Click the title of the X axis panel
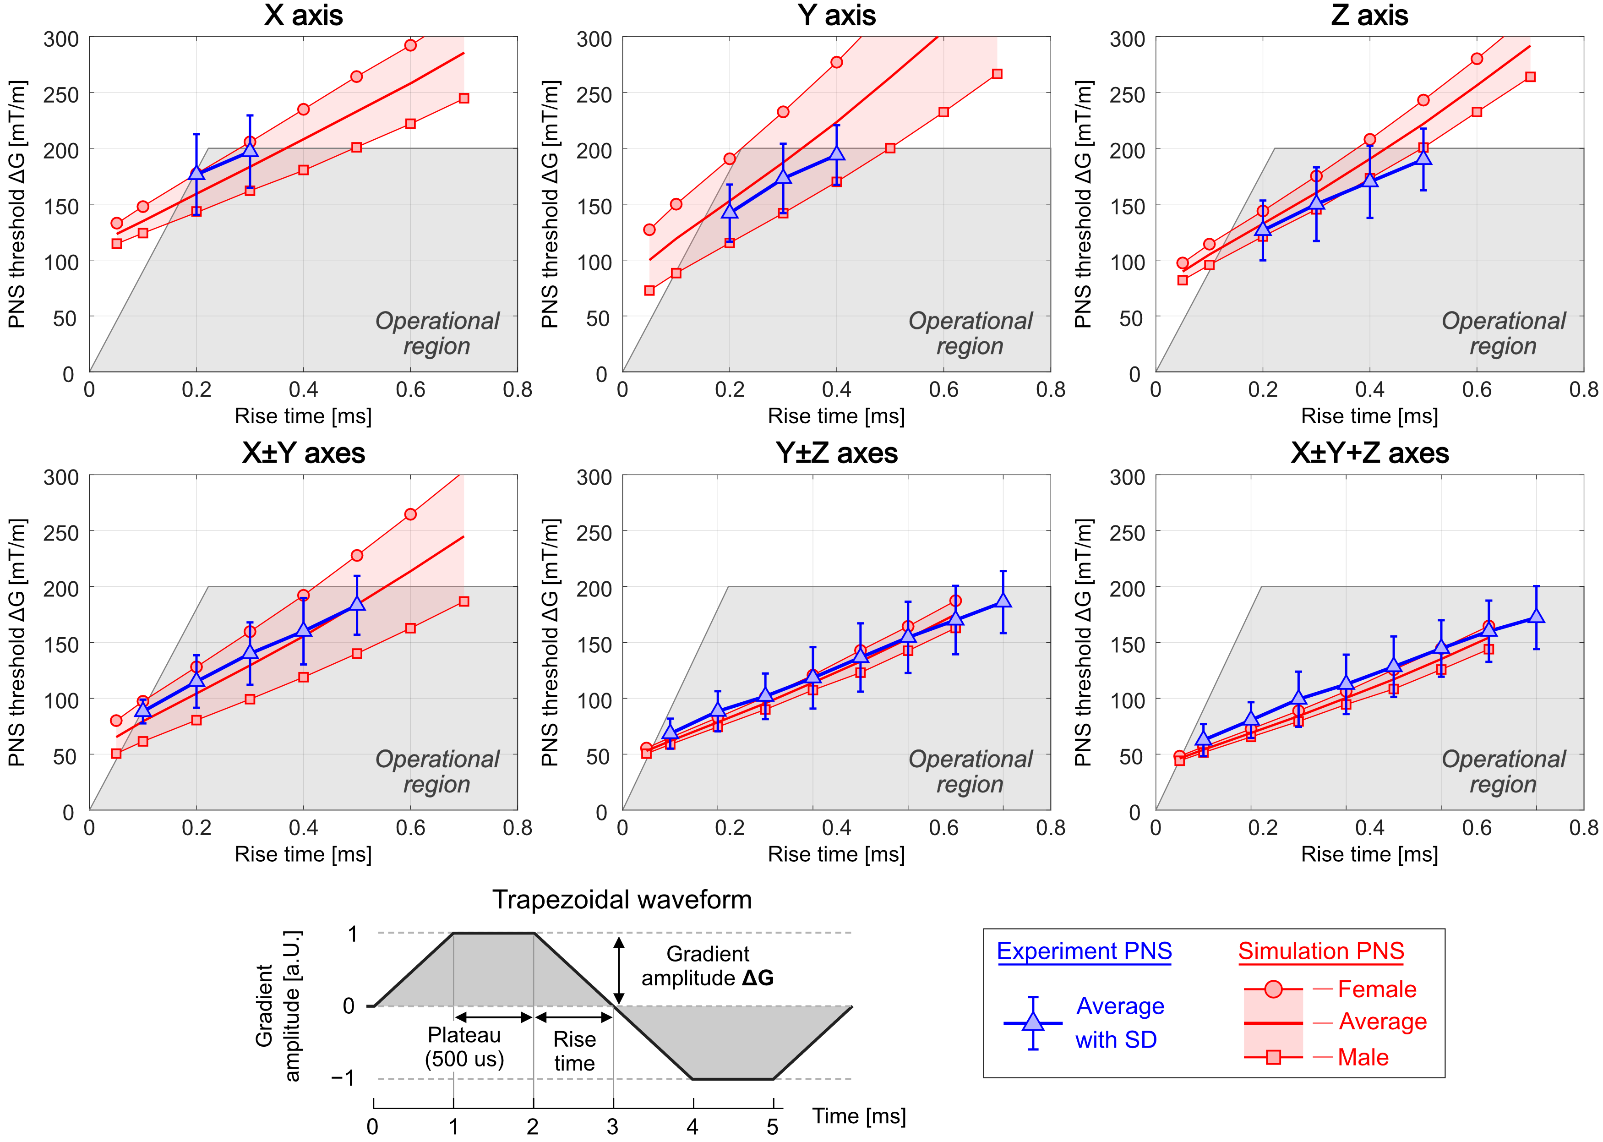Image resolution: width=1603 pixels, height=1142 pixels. [x=303, y=16]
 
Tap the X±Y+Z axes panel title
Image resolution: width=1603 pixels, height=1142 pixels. [x=1369, y=454]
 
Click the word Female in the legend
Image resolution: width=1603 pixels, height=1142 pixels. [x=1377, y=989]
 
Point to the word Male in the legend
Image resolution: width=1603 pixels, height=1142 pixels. [x=1363, y=1057]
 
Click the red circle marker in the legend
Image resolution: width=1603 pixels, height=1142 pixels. [x=1273, y=990]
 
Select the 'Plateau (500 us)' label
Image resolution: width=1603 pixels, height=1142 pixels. [x=464, y=1047]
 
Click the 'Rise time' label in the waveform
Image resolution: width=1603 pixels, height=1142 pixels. [x=574, y=1050]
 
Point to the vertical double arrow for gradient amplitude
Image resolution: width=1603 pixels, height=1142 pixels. [x=619, y=970]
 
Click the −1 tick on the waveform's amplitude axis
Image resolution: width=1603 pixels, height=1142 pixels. [x=343, y=1078]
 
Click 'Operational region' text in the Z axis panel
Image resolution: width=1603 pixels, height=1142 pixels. [x=1503, y=333]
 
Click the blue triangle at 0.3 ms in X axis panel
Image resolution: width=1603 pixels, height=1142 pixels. [x=250, y=148]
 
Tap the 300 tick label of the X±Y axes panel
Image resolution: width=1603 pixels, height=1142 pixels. [x=61, y=477]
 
